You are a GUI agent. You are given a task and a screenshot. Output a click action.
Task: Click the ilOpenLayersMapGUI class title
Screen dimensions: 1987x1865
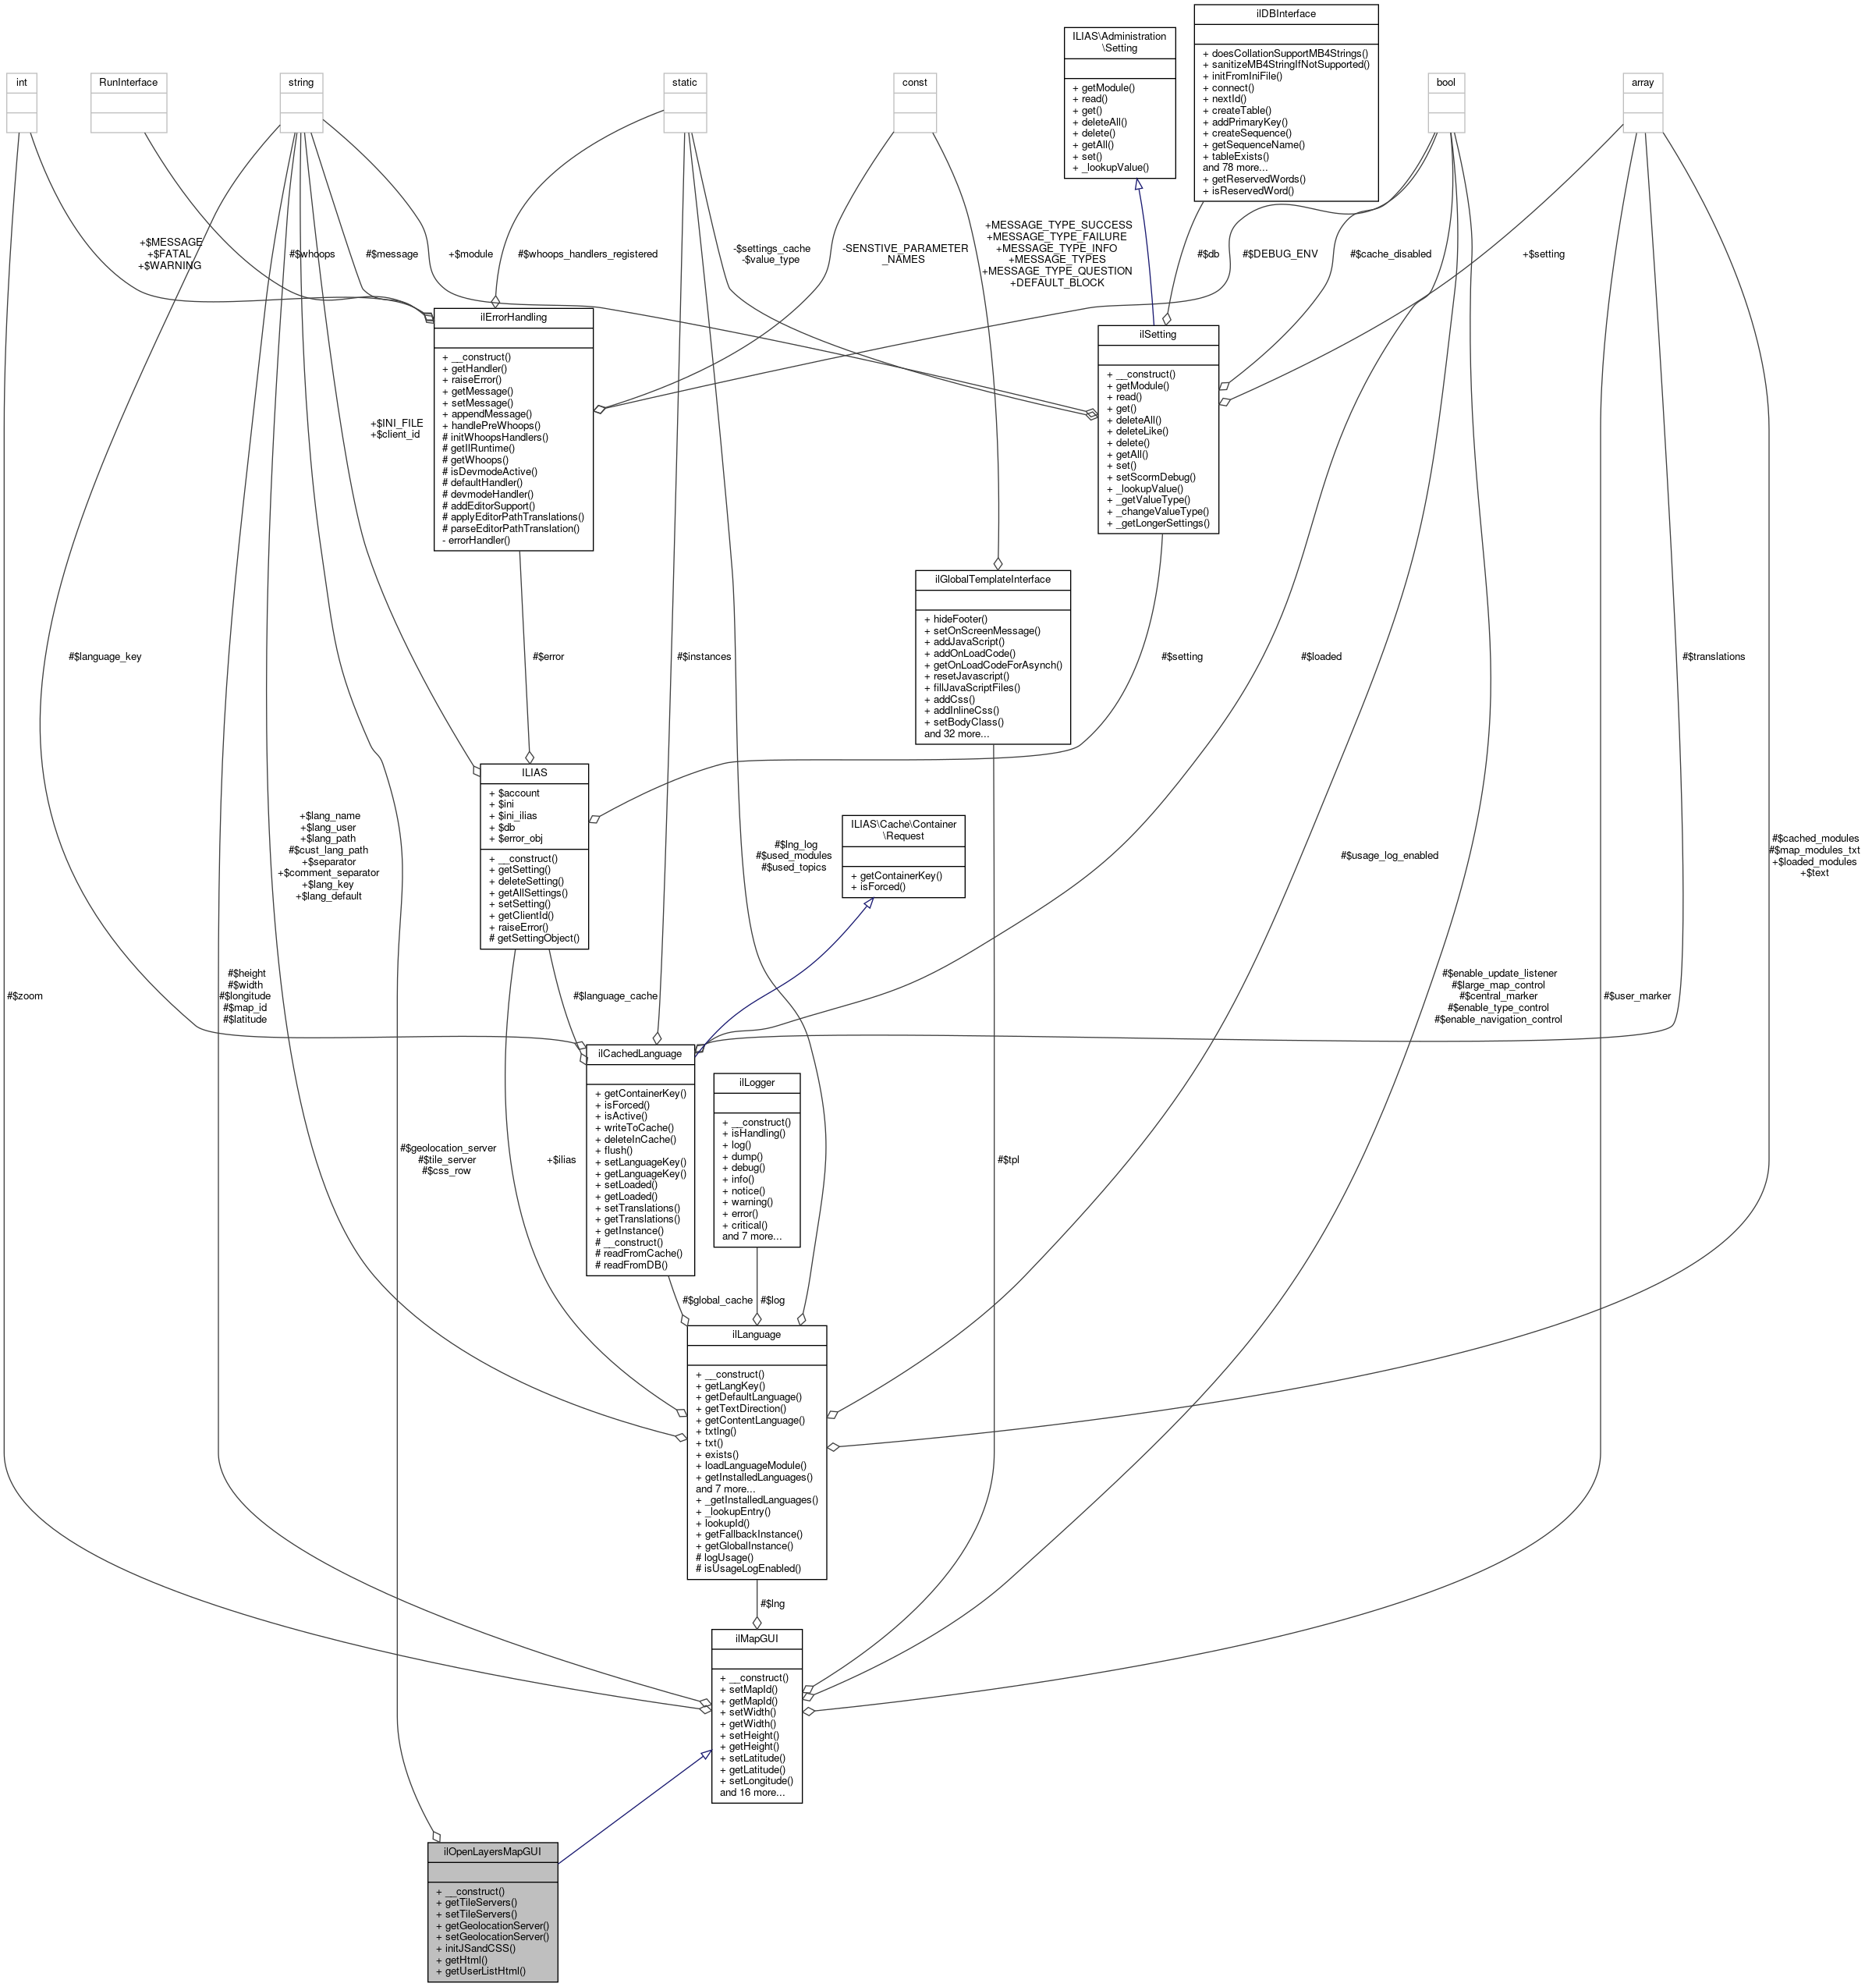(x=491, y=1851)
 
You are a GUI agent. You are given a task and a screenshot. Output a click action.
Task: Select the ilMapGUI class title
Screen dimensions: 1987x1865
(x=757, y=1638)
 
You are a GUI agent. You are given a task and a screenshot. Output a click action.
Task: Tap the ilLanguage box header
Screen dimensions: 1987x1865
(x=756, y=1334)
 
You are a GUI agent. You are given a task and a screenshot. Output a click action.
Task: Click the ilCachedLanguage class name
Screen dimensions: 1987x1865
(x=640, y=1053)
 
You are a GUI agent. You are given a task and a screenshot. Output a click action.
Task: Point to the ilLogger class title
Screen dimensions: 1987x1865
(x=756, y=1081)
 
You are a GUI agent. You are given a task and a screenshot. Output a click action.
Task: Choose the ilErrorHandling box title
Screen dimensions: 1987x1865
(x=512, y=317)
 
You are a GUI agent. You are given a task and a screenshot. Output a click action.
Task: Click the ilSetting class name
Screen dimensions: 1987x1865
(x=1157, y=334)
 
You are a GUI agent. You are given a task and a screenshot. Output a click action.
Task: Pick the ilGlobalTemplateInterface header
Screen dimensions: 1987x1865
(x=992, y=579)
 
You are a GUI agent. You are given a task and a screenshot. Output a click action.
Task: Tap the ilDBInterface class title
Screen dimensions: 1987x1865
(x=1285, y=14)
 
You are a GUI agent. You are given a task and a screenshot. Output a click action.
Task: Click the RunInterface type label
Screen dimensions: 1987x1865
(x=128, y=82)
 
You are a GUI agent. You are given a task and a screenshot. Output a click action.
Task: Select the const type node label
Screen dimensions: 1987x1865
(x=914, y=82)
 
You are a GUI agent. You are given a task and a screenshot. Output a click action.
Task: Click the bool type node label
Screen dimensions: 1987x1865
(x=1445, y=82)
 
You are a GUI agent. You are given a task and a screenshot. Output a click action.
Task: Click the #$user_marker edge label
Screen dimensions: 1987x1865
(x=1637, y=995)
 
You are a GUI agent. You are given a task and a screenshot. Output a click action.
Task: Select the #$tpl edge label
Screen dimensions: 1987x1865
(x=1008, y=1159)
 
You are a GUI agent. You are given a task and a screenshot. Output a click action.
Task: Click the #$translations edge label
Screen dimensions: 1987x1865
(x=1713, y=657)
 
